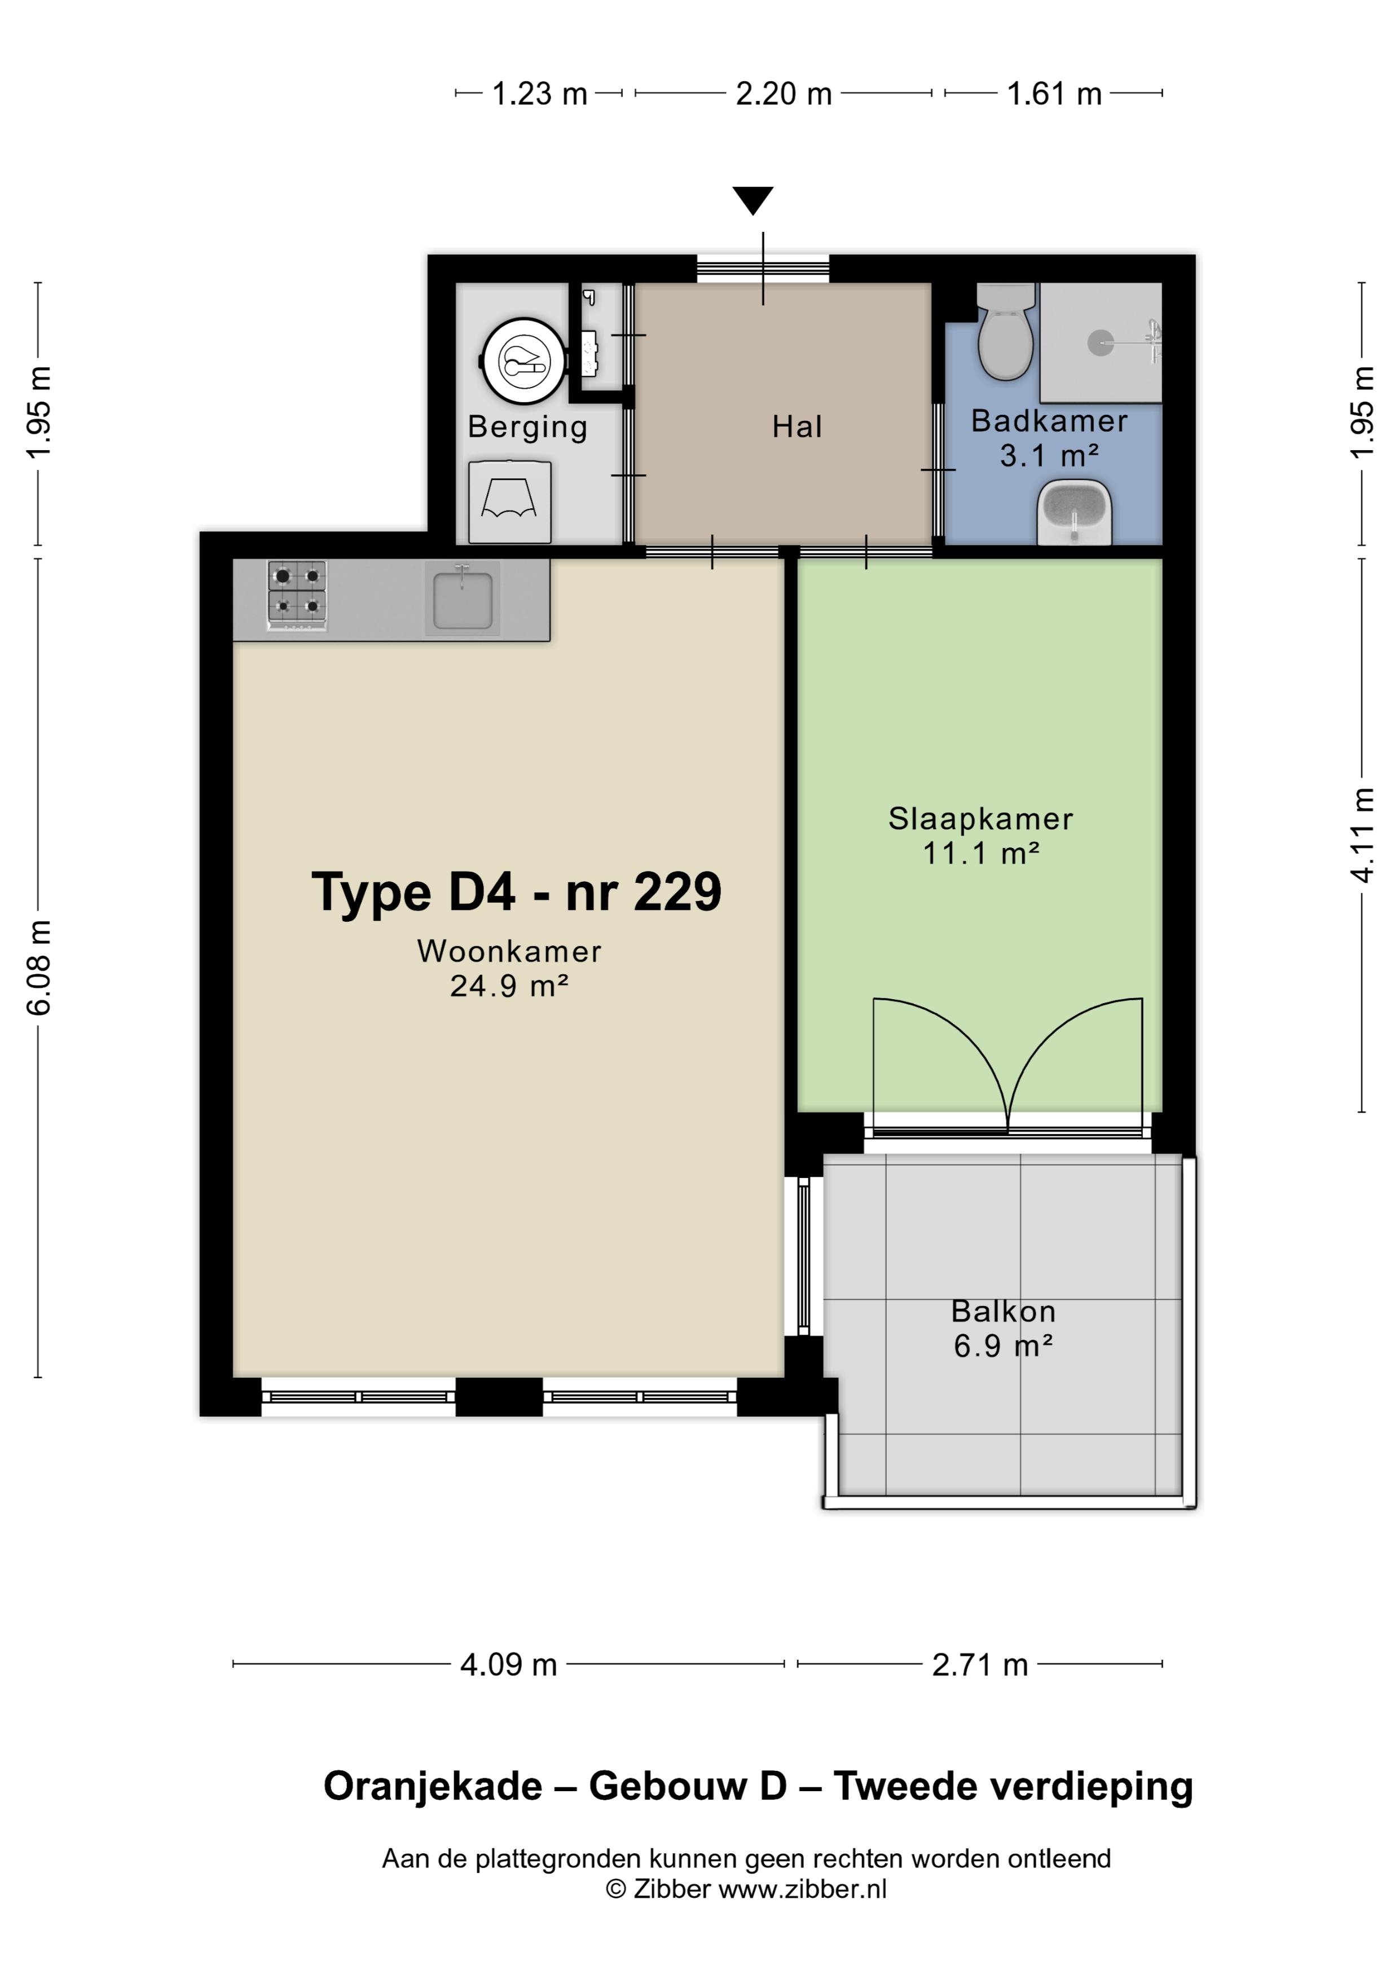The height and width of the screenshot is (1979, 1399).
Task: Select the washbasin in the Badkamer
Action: coord(1074,512)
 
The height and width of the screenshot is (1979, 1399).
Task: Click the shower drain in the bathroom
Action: coord(1101,343)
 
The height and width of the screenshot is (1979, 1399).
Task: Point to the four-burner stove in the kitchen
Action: coord(297,595)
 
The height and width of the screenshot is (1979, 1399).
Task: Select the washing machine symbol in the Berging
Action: coord(509,502)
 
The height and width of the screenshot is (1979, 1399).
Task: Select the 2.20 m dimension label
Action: coord(784,93)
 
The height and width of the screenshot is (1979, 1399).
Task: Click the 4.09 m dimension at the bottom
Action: coord(509,1664)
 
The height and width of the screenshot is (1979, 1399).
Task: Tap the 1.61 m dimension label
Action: coord(1054,93)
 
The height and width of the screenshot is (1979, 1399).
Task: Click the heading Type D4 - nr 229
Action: coord(516,891)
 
